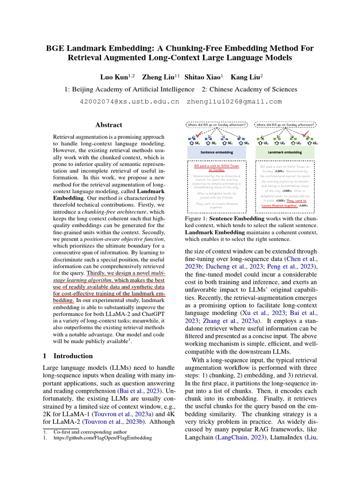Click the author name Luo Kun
coord(115,76)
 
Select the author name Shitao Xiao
coord(202,76)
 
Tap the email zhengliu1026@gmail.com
coord(234,101)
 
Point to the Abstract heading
coord(109,125)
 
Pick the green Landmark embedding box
coord(285,152)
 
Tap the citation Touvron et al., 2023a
coord(119,414)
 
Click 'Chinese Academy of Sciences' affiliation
coord(249,89)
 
